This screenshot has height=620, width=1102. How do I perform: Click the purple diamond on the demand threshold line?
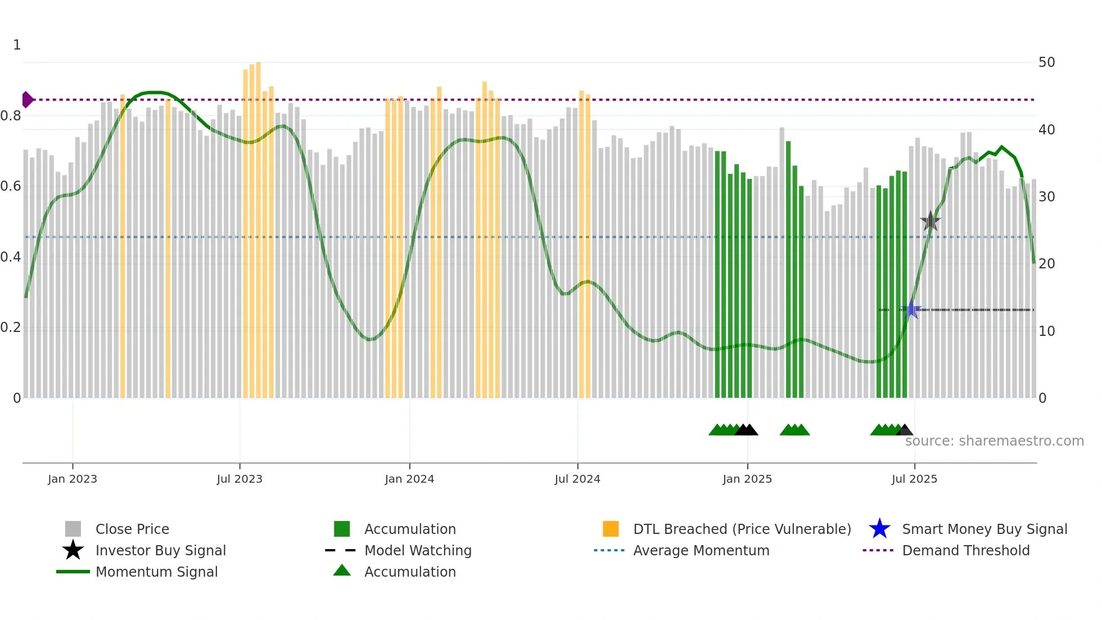pos(27,100)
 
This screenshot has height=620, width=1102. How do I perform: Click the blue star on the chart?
pos(911,309)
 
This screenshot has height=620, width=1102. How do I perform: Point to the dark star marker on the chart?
pos(931,221)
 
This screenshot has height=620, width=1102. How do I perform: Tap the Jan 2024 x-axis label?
pos(409,479)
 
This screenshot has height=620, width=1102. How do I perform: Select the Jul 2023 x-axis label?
pos(240,479)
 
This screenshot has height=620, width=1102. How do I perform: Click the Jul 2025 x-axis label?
pos(914,479)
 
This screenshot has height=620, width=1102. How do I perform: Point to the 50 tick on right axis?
pos(1046,62)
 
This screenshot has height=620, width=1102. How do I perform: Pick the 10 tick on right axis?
pos(1046,331)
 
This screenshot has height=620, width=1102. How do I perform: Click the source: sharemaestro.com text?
pos(994,441)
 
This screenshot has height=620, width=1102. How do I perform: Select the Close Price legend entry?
pos(132,529)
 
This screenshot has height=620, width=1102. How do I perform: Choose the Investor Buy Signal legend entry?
pos(160,550)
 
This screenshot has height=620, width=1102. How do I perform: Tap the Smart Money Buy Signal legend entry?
pos(984,529)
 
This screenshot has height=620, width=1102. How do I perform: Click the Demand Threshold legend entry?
pos(965,550)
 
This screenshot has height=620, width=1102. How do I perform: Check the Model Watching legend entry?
pos(417,550)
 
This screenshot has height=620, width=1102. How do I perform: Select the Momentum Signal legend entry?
pos(156,572)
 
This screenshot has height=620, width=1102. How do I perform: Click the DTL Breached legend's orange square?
pos(611,529)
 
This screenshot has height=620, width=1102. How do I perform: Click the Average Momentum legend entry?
pos(701,550)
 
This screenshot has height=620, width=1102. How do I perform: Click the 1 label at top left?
pos(17,45)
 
